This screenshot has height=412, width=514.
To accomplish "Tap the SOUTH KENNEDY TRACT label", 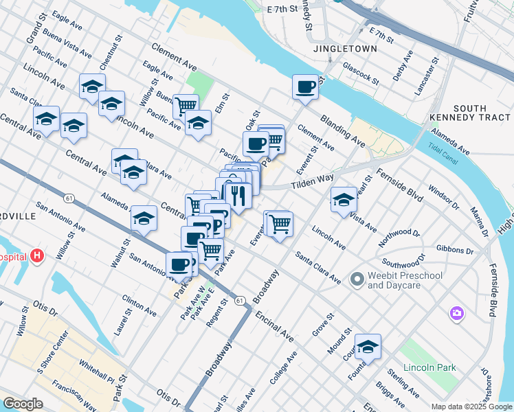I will click(480, 114).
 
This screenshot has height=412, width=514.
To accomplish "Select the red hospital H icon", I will click(38, 257).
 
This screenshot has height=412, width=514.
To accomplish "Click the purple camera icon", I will click(457, 314).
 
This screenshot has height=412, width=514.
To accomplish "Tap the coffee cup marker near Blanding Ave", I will click(305, 87).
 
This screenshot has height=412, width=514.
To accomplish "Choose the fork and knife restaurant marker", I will click(238, 196).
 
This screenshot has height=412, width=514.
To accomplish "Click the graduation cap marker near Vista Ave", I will click(344, 200).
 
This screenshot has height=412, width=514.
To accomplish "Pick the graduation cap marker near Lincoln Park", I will click(368, 347).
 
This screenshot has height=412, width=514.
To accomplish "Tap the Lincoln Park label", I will click(429, 367).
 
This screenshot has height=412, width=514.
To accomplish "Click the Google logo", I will click(23, 404).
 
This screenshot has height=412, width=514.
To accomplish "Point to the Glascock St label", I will click(361, 71).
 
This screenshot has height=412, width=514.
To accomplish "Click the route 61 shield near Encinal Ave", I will click(239, 301).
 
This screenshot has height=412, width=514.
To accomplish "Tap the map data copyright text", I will click(471, 407).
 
